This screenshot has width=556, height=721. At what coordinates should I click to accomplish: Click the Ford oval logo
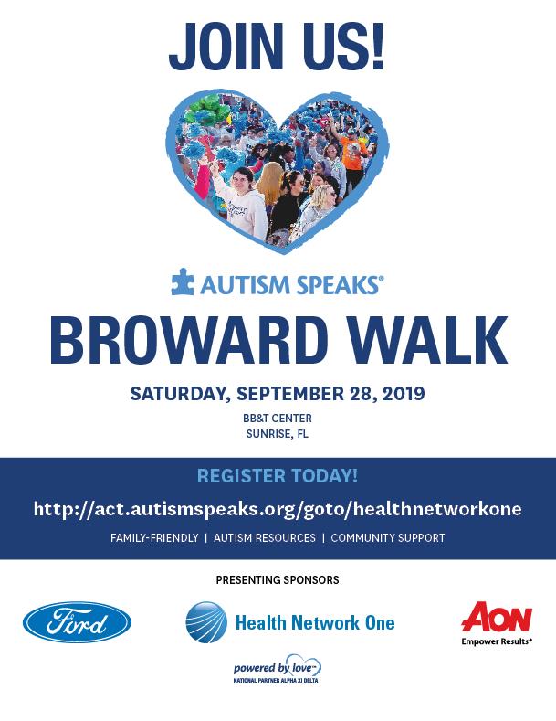point(78,621)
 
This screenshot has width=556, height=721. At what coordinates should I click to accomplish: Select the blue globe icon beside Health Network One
point(206,622)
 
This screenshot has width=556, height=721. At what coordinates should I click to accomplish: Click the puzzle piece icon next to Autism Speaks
point(182,281)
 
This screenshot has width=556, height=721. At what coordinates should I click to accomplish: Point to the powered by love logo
point(277,668)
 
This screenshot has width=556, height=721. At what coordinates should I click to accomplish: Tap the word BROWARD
point(189,340)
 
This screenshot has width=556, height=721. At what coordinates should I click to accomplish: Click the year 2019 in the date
point(404,394)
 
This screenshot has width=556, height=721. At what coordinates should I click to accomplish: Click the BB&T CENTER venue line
point(278,419)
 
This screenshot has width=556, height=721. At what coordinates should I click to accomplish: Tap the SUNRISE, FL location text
point(278,434)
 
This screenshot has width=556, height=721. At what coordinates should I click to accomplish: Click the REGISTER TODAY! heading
point(278,476)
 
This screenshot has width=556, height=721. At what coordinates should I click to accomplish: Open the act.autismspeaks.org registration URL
point(278,509)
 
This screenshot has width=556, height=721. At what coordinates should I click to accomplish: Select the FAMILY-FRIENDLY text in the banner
point(154,538)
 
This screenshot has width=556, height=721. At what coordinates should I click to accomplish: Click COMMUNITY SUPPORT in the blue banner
point(388,538)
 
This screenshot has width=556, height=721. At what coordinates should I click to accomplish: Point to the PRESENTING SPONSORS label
point(278,580)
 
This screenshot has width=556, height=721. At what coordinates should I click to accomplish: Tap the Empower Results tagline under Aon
point(497,641)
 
